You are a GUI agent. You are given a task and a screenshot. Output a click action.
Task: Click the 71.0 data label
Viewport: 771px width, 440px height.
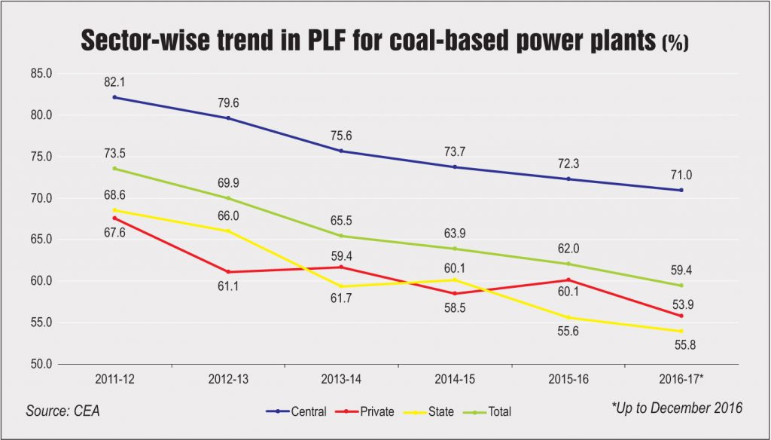pyautogui.click(x=681, y=173)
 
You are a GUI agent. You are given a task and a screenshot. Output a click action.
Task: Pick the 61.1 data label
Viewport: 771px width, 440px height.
pyautogui.click(x=227, y=287)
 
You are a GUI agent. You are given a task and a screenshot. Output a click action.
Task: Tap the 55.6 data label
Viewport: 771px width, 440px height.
pyautogui.click(x=567, y=333)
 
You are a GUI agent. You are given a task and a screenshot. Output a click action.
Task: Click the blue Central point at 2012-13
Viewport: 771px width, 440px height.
pyautogui.click(x=227, y=118)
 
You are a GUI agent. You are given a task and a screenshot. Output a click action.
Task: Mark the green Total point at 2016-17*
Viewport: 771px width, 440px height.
pyautogui.click(x=681, y=286)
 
